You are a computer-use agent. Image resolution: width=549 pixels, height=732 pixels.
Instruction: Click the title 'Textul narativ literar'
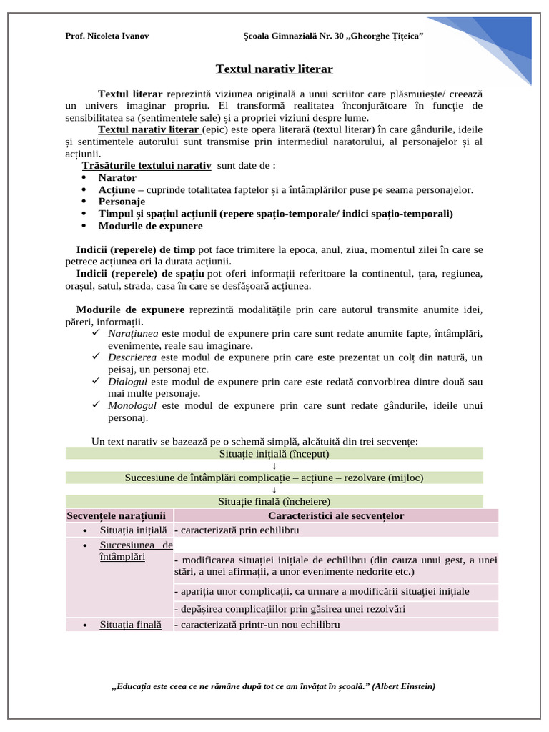click(274, 69)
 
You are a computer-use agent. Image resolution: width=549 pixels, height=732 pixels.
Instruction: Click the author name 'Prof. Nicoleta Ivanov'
click(107, 36)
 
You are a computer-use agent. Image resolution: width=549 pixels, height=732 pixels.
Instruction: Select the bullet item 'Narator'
click(117, 177)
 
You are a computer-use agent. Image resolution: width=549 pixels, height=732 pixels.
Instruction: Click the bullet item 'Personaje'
click(122, 202)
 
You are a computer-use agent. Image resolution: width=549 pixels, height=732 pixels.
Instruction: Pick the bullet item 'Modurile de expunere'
click(150, 226)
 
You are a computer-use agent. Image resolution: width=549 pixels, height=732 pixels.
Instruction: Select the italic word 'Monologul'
click(132, 405)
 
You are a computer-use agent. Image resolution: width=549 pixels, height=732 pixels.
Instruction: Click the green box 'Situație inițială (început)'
click(274, 453)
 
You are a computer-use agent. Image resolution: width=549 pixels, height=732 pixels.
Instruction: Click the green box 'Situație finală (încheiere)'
click(274, 501)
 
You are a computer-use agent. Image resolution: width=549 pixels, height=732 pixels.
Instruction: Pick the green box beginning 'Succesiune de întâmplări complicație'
click(274, 478)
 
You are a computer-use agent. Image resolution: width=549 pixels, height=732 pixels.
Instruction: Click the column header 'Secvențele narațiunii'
click(117, 515)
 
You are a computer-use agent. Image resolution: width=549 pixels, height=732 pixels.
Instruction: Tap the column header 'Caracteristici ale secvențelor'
click(336, 515)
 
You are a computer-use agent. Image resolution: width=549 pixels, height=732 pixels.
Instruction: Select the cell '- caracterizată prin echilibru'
click(236, 530)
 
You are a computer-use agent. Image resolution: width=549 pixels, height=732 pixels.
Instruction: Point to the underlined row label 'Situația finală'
click(131, 624)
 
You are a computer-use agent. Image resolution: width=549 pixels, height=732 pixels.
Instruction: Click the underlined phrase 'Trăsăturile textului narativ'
click(147, 166)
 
